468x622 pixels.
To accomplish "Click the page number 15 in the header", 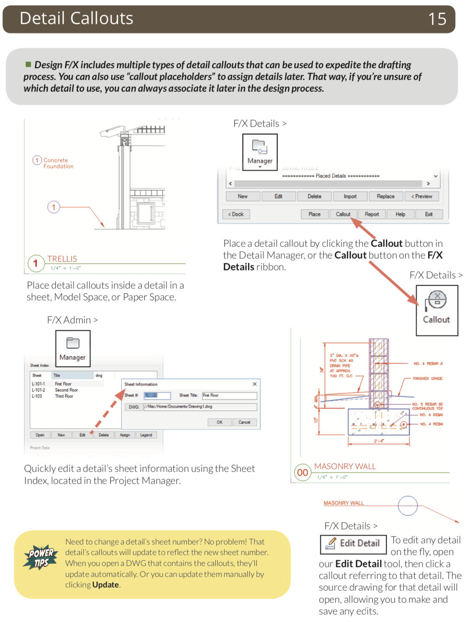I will coord(437,19).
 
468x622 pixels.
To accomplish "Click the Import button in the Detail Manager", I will coord(350,197).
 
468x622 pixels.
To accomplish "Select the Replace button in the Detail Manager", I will coord(386,197).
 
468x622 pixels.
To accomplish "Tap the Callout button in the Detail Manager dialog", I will coord(343,214).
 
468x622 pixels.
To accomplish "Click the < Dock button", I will coord(236,214).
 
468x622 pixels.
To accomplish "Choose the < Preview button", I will coord(422,197).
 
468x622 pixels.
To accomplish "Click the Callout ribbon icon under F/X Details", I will coord(437,310).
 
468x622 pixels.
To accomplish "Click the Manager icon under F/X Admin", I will coord(73,348).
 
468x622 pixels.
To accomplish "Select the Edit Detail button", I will coord(353,544).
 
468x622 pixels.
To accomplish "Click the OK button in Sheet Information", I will coord(220,422).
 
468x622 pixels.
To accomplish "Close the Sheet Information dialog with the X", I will coord(255,384).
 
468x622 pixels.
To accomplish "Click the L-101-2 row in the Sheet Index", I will coord(39,390).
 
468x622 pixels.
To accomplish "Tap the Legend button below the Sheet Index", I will coord(146,435).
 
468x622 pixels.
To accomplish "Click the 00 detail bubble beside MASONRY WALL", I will coord(302,473).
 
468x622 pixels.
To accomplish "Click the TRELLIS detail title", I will coord(62,259).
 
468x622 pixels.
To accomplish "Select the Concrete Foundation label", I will coord(58,163).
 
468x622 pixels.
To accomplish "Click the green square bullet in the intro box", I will coord(28,64).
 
